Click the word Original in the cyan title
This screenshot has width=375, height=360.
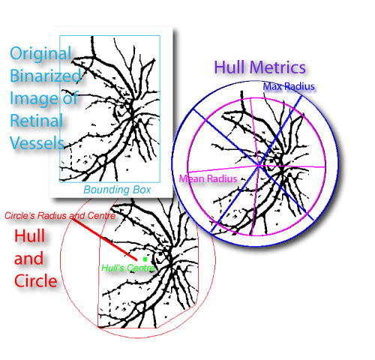pyautogui.click(x=40, y=54)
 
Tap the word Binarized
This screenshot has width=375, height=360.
pyautogui.click(x=46, y=76)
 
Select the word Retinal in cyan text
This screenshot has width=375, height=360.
pyautogui.click(x=36, y=121)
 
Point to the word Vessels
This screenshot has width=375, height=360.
pyautogui.click(x=37, y=143)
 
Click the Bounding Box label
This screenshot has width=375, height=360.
pyautogui.click(x=117, y=190)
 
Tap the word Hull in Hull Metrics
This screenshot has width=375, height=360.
pyautogui.click(x=229, y=67)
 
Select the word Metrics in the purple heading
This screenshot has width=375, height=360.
pyautogui.click(x=277, y=67)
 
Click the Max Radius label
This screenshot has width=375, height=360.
pyautogui.click(x=289, y=86)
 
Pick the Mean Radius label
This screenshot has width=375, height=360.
pyautogui.click(x=208, y=178)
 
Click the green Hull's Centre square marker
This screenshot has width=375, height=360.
pyautogui.click(x=145, y=259)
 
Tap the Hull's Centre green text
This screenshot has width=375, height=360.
pyautogui.click(x=128, y=268)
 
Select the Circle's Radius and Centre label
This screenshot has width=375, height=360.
pyautogui.click(x=60, y=216)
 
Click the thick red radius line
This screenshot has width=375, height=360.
pyautogui.click(x=104, y=239)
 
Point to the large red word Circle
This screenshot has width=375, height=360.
pyautogui.click(x=36, y=280)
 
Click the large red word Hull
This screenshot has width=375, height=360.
pyautogui.click(x=29, y=235)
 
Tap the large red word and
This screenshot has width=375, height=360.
pyautogui.click(x=28, y=259)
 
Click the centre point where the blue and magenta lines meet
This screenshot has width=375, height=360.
pyautogui.click(x=259, y=165)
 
